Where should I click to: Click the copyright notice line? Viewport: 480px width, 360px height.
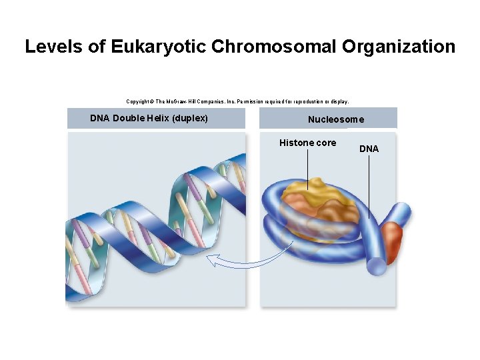[x=237, y=101]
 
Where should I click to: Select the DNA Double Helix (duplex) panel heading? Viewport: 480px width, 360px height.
[x=149, y=119]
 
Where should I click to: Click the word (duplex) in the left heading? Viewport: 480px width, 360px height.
[x=190, y=119]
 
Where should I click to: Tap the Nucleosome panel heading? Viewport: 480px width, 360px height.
[x=336, y=119]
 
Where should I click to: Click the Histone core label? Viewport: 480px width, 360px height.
[x=307, y=143]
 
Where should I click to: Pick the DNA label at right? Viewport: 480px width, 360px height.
[x=369, y=149]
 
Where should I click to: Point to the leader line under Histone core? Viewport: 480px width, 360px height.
[x=308, y=167]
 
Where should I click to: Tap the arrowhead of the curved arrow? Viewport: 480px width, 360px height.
[x=211, y=259]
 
